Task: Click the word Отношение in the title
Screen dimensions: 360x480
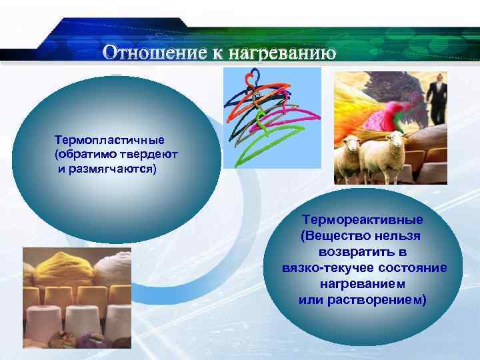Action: pyautogui.click(x=155, y=53)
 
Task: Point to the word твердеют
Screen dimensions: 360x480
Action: pyautogui.click(x=154, y=154)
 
